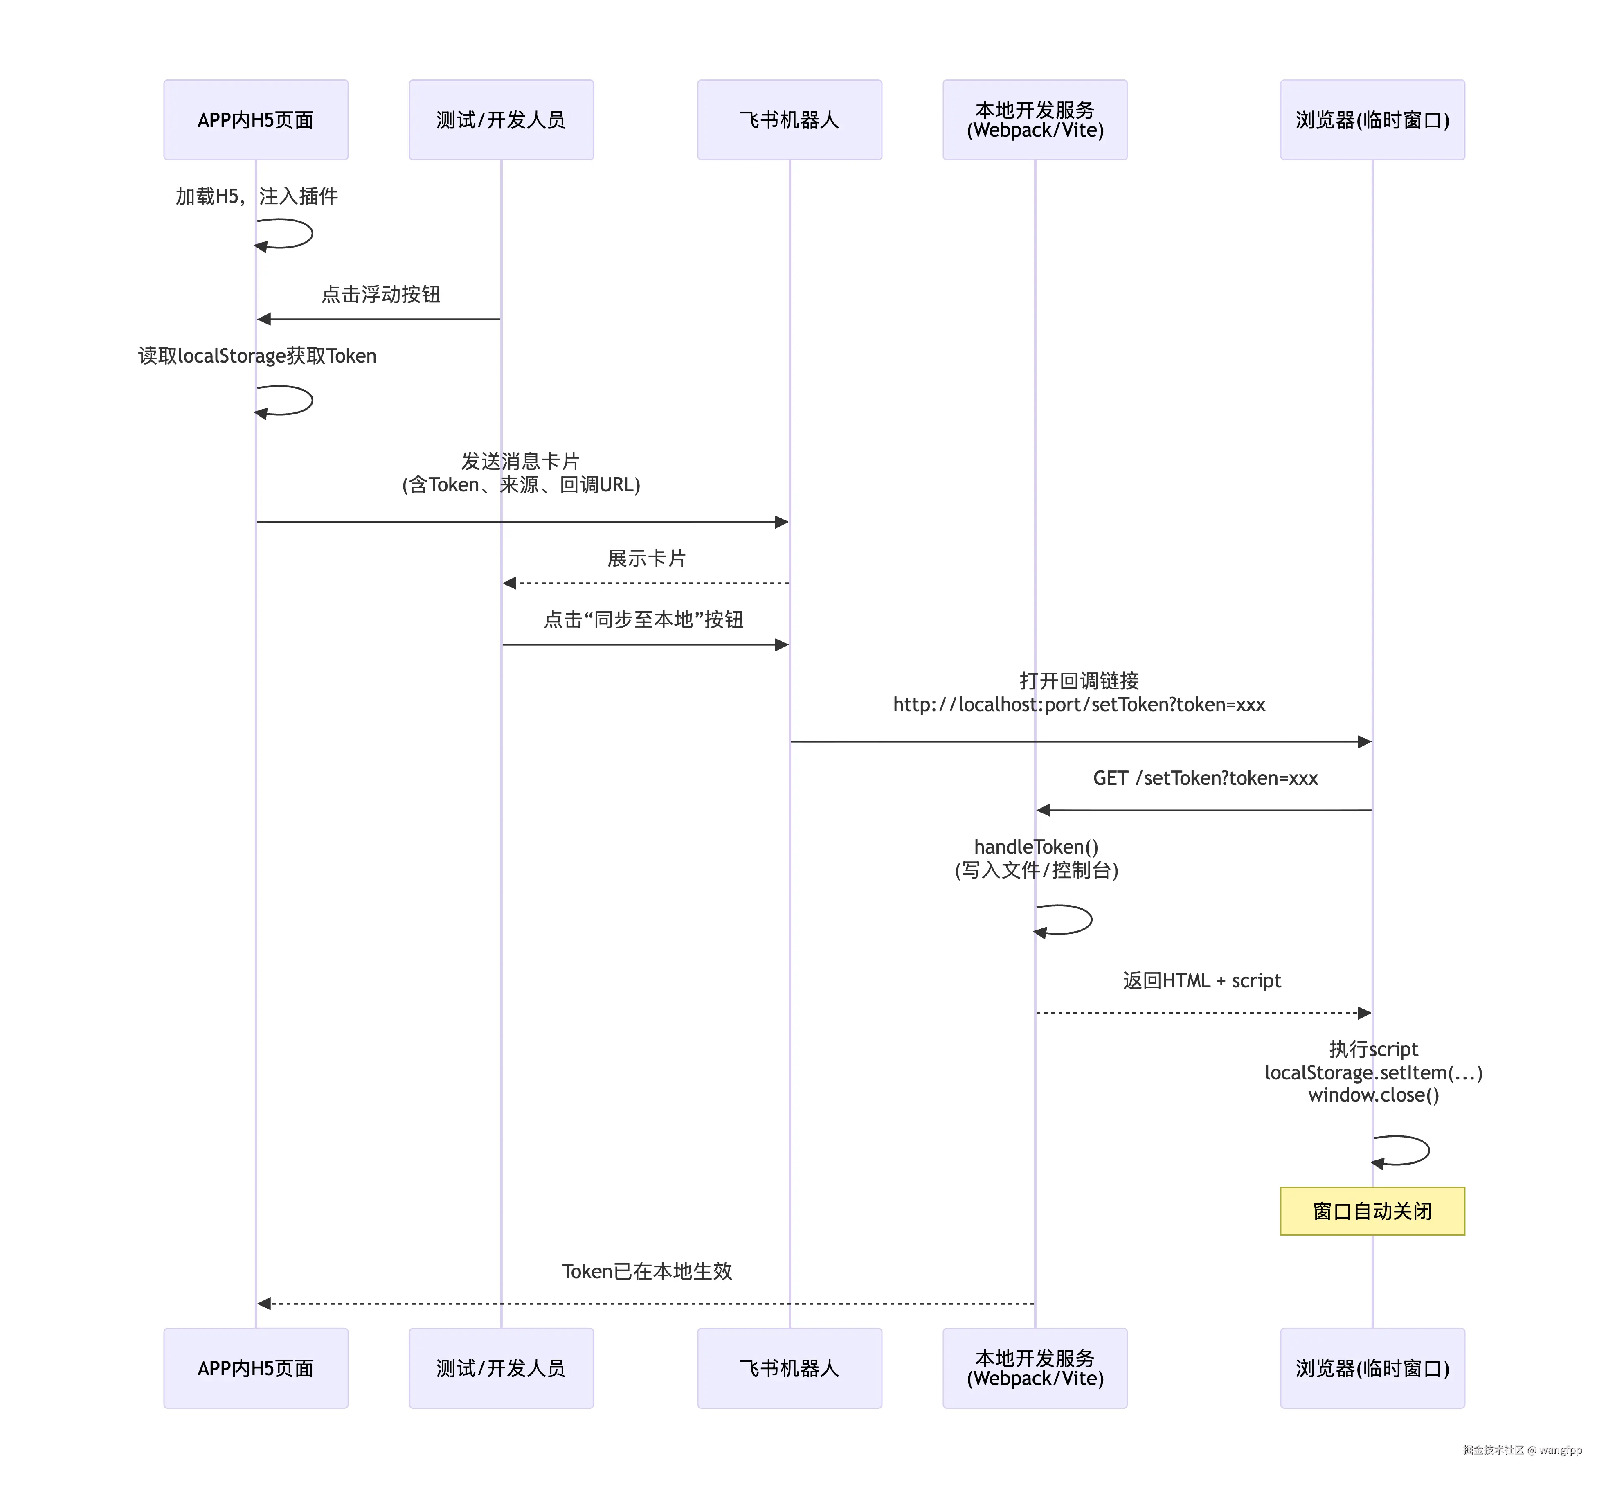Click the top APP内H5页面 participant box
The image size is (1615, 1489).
click(x=255, y=120)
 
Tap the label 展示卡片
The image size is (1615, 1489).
click(x=646, y=559)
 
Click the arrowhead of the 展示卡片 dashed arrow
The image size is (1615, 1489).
click(x=509, y=583)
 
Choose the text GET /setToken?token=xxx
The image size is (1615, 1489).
click(x=1205, y=778)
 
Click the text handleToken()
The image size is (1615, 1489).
click(x=1036, y=847)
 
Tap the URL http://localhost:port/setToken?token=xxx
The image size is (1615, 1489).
click(x=1079, y=705)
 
